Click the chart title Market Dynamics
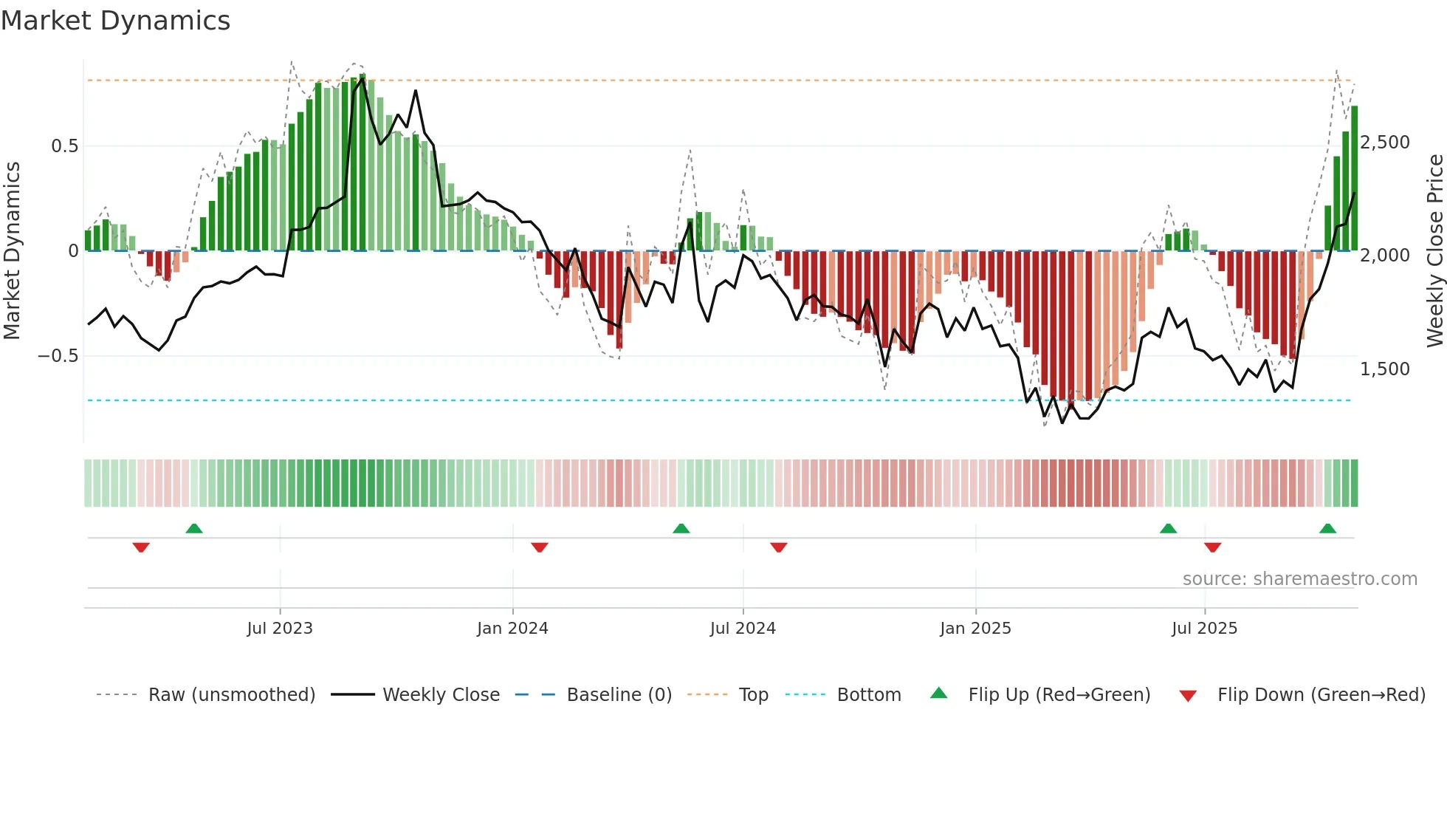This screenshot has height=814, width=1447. point(115,21)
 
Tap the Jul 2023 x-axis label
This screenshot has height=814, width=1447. point(280,629)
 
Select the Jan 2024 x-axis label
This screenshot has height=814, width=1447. point(512,629)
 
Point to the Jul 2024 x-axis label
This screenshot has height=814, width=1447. point(743,629)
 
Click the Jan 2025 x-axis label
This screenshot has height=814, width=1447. point(975,629)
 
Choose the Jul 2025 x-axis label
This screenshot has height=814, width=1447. point(1204,629)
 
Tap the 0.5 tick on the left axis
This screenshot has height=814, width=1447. point(64,146)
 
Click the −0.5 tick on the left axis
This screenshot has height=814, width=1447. point(58,356)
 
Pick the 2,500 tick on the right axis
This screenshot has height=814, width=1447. point(1384,143)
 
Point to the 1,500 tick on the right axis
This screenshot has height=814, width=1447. point(1384,369)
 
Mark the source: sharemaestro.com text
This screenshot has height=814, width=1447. point(1299,579)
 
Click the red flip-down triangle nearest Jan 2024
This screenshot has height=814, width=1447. point(540,547)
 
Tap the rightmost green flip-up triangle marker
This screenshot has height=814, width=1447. point(1327,528)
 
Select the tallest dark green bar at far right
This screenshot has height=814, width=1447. point(1355,177)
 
